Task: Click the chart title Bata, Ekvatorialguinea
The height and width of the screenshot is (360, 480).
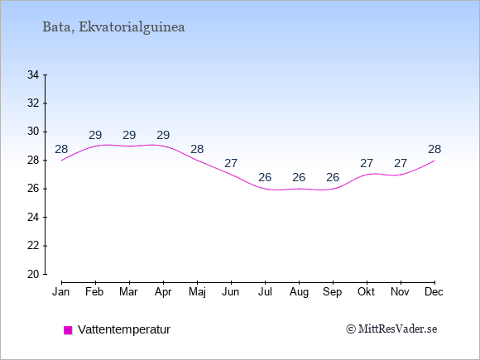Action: (113, 27)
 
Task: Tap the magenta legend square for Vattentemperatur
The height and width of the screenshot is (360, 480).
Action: (68, 330)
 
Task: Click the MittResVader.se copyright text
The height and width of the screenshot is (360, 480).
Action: (391, 329)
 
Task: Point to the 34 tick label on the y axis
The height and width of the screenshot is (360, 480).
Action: (33, 74)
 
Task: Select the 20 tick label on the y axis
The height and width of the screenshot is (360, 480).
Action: (33, 274)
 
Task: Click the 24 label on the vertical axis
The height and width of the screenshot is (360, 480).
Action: (33, 218)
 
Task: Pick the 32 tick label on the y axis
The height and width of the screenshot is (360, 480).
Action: (33, 103)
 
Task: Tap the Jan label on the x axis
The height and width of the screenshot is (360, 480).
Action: (61, 292)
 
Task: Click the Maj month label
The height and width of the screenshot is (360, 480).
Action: (197, 292)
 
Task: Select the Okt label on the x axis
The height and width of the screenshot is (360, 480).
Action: (367, 292)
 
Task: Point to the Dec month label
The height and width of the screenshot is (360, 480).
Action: (434, 292)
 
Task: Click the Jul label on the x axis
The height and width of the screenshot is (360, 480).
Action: (265, 292)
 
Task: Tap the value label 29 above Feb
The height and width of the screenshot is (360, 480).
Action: (95, 135)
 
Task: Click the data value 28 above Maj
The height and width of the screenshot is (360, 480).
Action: (197, 150)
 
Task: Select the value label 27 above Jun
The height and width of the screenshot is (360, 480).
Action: (231, 164)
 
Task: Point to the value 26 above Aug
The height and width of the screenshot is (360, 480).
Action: (299, 177)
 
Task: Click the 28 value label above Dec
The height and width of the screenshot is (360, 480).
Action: (434, 150)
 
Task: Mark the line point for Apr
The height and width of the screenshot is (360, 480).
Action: (164, 146)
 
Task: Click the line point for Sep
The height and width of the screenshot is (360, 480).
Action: (333, 189)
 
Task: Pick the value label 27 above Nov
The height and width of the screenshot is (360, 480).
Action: (401, 164)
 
